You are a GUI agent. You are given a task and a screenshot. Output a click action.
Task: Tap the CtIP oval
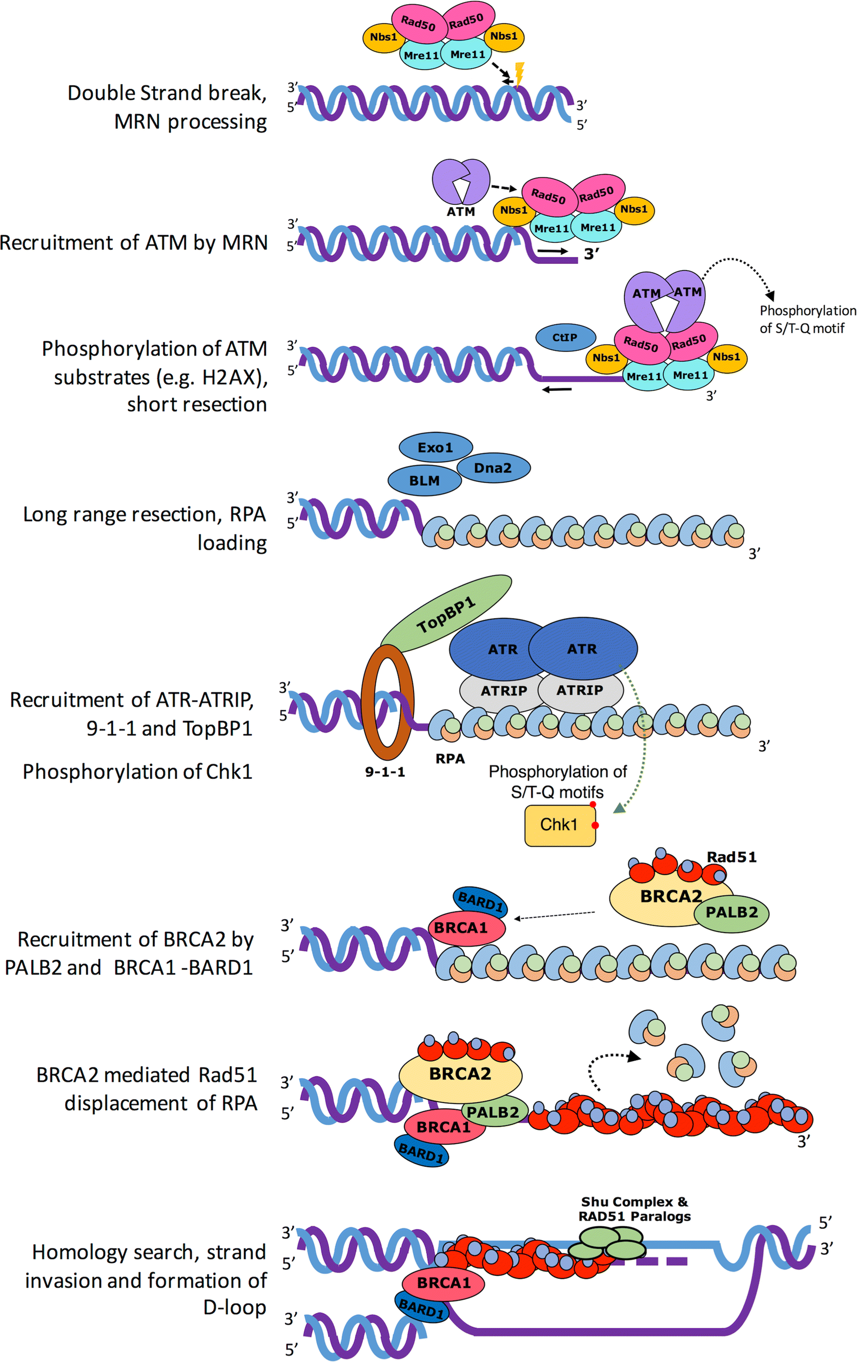tap(565, 338)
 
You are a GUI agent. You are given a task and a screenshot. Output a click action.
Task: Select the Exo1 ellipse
tap(436, 447)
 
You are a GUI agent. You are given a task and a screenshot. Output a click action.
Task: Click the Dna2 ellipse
tap(493, 468)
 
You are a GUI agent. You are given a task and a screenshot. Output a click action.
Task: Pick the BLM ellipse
tap(424, 481)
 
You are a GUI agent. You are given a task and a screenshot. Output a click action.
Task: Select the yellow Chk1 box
tap(559, 825)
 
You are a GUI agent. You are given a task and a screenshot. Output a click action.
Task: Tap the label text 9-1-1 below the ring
tap(384, 772)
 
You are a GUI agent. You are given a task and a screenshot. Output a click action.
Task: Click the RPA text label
tap(450, 759)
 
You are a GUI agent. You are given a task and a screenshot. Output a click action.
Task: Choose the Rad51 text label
tap(731, 857)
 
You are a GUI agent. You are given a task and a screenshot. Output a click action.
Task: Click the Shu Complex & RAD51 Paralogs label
tap(634, 1209)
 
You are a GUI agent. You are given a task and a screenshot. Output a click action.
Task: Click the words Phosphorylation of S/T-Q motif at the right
tap(807, 319)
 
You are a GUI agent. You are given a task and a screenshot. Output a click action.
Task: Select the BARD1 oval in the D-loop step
tap(421, 1308)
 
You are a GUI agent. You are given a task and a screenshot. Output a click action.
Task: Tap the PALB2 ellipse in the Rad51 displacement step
tap(493, 1112)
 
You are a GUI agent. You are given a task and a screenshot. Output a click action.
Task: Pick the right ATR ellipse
tap(583, 649)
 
